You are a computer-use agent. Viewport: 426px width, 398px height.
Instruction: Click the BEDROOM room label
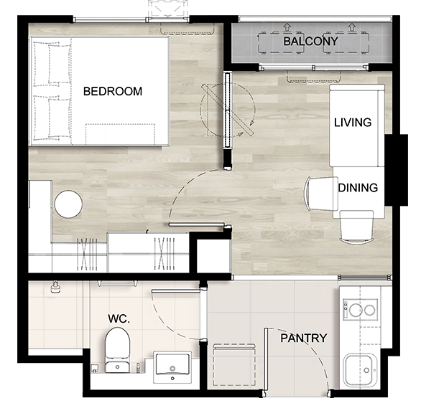coord(113,91)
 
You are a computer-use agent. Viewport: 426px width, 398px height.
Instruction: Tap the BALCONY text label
coord(311,41)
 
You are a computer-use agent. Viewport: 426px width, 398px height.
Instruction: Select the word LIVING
coord(353,123)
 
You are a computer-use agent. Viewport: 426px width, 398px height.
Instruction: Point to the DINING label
coord(358,188)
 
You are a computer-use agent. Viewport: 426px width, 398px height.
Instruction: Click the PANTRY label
coord(303,338)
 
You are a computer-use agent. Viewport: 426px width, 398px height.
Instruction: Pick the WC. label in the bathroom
coord(119,318)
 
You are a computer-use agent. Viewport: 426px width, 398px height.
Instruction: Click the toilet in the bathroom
coord(117,350)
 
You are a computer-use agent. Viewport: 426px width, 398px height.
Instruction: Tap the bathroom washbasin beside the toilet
coord(172,366)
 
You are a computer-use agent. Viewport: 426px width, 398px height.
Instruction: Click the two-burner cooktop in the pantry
coord(360,309)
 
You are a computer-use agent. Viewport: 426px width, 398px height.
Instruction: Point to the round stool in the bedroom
coord(68,204)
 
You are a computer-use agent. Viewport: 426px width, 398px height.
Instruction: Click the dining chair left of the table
coord(322,194)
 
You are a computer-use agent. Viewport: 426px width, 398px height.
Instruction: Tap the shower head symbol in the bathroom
coord(56,287)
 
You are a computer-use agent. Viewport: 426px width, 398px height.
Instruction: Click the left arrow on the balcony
coord(287,27)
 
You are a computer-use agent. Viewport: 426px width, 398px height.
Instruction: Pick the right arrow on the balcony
coord(352,27)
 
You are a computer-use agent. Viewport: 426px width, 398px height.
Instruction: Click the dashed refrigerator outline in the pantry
coord(234,364)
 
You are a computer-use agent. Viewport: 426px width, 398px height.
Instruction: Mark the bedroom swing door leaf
coord(197,224)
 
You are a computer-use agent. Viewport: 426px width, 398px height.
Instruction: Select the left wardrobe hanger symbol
coord(87,255)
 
